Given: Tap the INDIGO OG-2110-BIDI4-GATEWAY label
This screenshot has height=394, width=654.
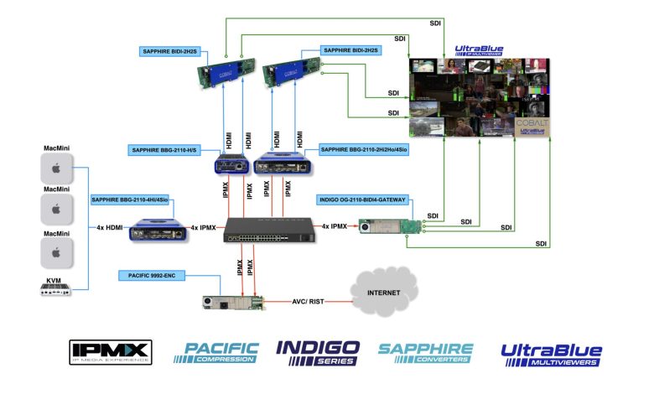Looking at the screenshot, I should point(362,200).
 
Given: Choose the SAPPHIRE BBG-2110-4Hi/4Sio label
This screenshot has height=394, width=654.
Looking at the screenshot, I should point(128,200).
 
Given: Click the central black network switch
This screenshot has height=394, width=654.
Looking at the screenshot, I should point(265,227).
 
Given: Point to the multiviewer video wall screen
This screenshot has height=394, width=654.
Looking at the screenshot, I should point(479,96).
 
